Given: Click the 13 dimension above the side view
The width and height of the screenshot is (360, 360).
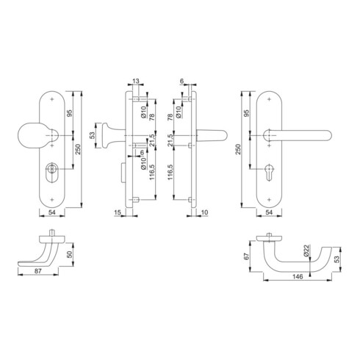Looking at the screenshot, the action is pos(136,81).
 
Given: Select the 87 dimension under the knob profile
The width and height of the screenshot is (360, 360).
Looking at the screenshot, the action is pos(38,270).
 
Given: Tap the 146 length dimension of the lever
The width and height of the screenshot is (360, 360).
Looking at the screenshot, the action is pos(298,276).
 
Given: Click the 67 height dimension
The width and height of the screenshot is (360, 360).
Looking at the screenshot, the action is pos(247,256).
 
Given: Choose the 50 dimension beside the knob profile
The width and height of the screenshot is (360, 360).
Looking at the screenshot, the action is pos(70,254).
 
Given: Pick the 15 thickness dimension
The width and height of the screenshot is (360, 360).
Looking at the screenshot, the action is pos(118,212).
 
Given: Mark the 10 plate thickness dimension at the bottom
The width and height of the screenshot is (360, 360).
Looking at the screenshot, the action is pos(204,212).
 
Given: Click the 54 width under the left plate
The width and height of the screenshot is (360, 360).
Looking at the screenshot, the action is pos(51,212).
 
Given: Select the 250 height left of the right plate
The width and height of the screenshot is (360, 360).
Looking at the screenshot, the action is pos(238,149).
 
